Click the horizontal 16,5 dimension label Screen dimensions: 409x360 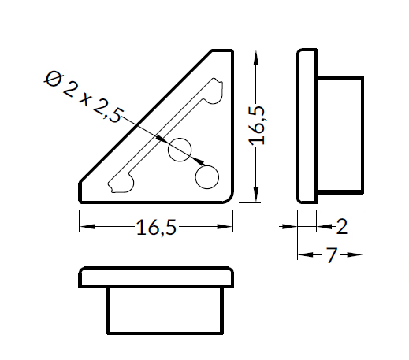tap(156, 227)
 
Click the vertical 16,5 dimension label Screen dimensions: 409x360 tap(257, 126)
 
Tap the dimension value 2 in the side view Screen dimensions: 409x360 tap(342, 226)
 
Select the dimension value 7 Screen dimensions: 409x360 tap(332, 255)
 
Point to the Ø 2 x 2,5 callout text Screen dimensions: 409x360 tap(84, 97)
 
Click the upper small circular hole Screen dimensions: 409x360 tap(180, 150)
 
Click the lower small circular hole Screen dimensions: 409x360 tap(207, 177)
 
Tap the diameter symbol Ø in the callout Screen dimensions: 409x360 tap(54, 80)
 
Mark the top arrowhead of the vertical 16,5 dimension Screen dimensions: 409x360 tap(256, 58)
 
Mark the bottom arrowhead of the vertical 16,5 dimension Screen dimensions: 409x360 tap(256, 195)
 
